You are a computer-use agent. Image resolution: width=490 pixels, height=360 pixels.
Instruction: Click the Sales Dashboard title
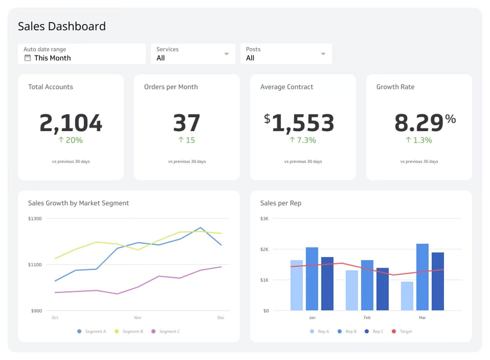[x=62, y=26]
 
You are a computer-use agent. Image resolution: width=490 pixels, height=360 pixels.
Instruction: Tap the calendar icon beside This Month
[x=28, y=58]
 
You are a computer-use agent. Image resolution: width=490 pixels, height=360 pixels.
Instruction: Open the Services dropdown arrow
[x=227, y=54]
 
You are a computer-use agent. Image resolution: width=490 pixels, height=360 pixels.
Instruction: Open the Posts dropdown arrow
[x=323, y=54]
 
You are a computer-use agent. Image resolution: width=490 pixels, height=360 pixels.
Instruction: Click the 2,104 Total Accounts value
[x=71, y=123]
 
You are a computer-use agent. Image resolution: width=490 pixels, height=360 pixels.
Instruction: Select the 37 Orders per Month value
[x=187, y=123]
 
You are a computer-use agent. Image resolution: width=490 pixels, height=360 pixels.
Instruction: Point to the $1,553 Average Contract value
[x=299, y=123]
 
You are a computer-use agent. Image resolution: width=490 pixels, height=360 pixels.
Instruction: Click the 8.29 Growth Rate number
[x=419, y=123]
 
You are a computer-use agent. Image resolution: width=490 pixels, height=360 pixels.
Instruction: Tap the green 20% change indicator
[x=71, y=140]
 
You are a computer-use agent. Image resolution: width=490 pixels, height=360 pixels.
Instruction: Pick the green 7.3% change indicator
[x=303, y=140]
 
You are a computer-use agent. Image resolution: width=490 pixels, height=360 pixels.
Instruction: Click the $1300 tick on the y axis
[x=35, y=219]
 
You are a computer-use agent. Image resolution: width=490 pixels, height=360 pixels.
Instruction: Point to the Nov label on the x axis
[x=138, y=318]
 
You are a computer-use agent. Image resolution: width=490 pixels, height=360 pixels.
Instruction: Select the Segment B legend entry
[x=129, y=331]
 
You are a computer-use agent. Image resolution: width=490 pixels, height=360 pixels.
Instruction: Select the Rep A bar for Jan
[x=296, y=285]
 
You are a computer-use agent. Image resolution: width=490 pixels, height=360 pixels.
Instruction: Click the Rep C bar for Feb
[x=382, y=289]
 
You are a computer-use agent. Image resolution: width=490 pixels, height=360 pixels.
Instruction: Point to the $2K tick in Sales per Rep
[x=264, y=249]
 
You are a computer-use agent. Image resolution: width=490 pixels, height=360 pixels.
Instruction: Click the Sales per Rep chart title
[x=280, y=203]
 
